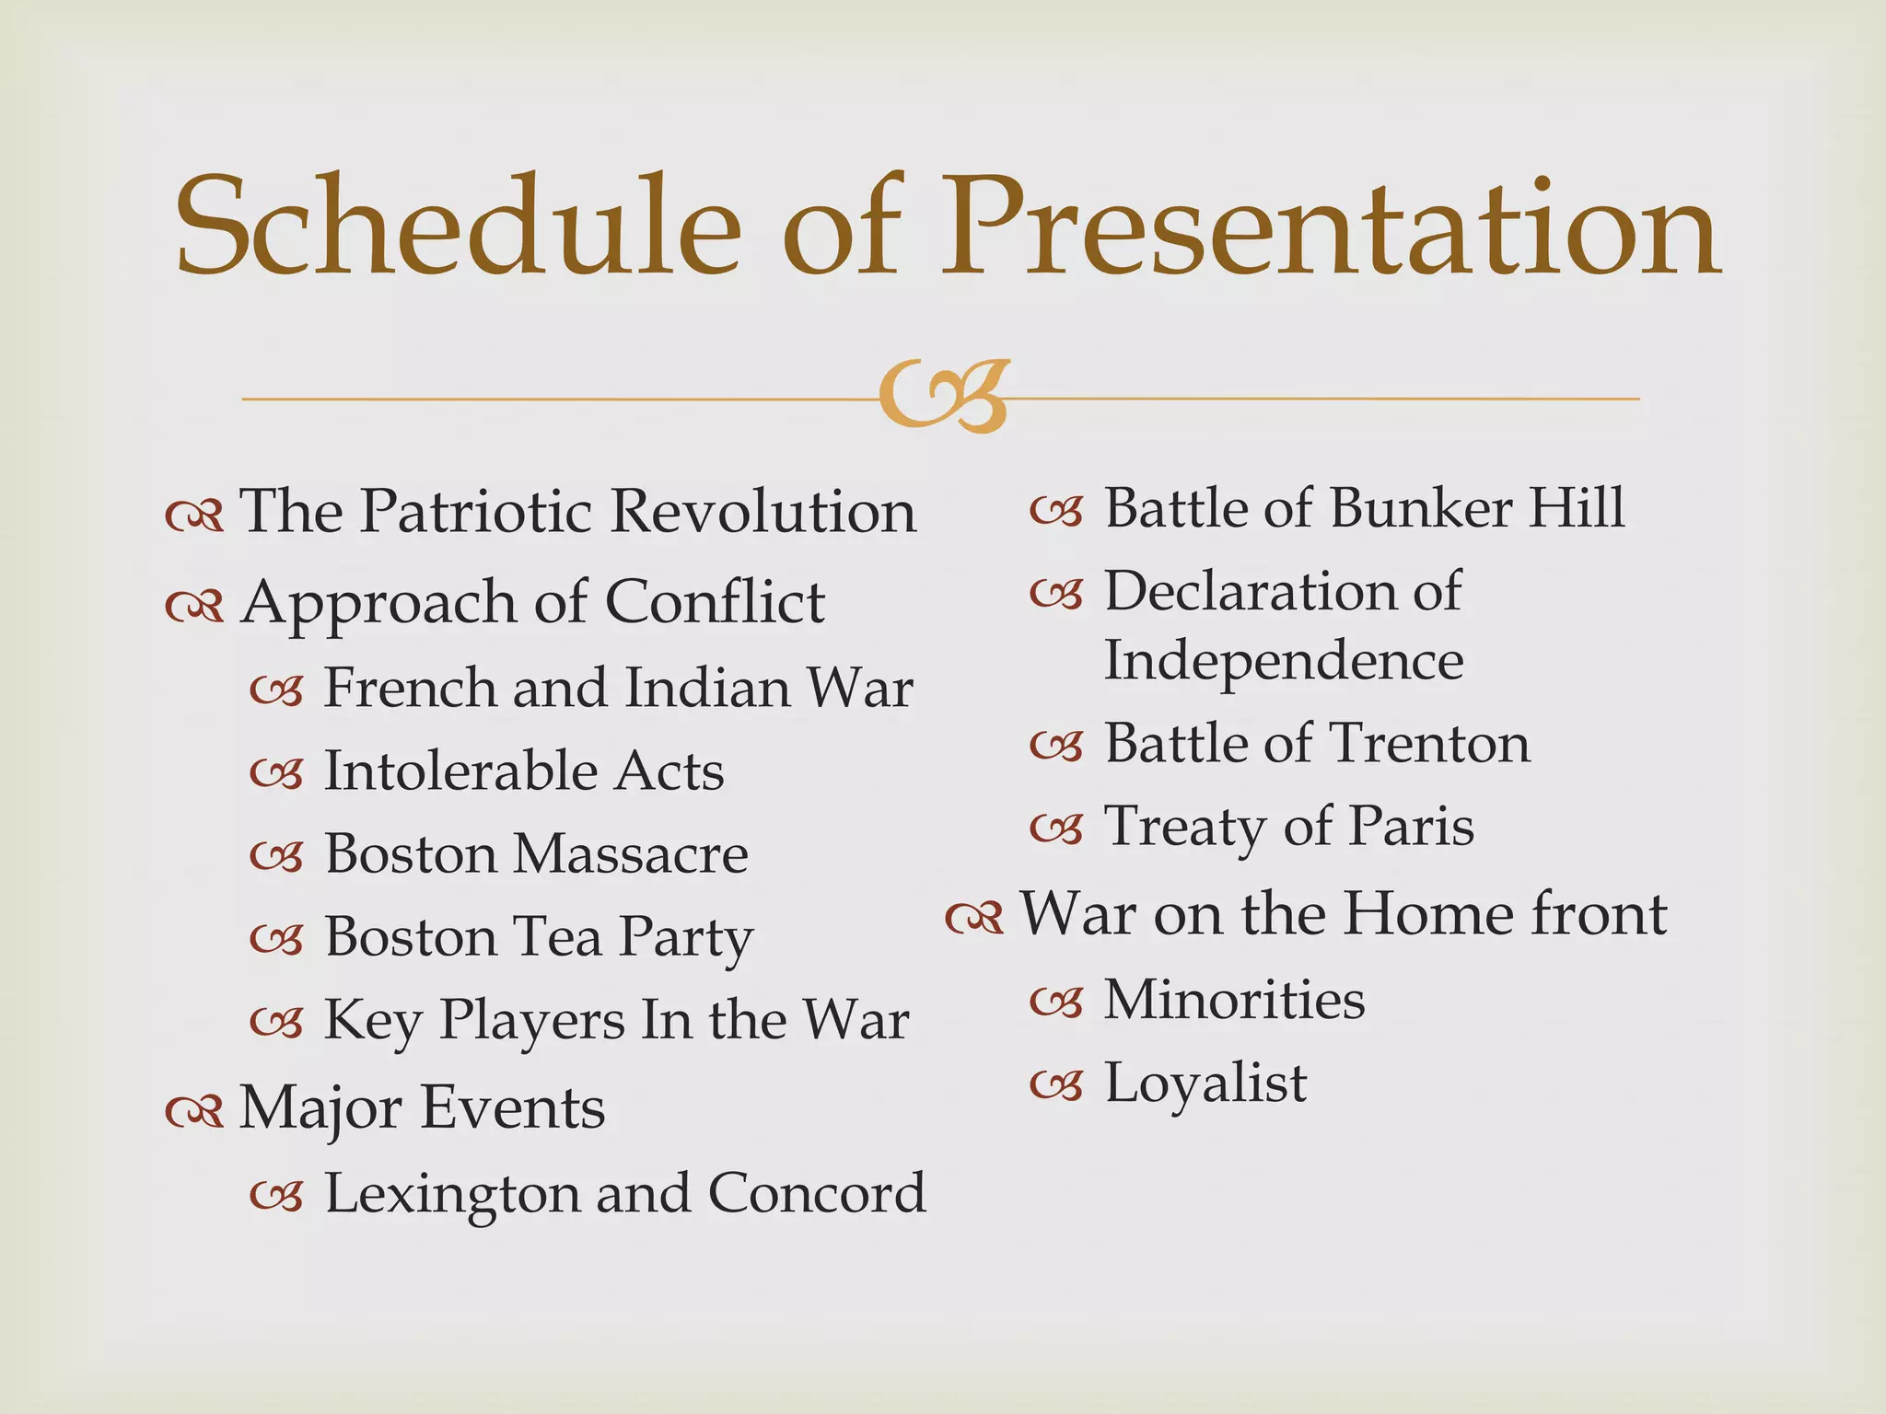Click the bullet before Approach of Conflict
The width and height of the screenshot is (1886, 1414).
pos(194,605)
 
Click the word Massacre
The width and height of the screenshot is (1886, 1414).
pos(631,853)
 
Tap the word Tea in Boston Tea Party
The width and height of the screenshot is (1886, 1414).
pos(557,936)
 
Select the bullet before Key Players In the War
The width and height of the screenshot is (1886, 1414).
pos(276,1021)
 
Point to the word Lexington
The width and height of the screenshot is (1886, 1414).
pos(451,1194)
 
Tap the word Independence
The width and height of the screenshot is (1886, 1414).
pos(1284,661)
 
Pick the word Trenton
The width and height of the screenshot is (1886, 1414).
pos(1430,743)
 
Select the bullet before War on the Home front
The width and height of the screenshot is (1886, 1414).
pos(974,916)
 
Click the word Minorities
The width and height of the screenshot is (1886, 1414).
pos(1234,1000)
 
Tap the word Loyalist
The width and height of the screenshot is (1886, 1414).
pos(1205,1083)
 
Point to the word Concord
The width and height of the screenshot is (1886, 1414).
pos(817,1194)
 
